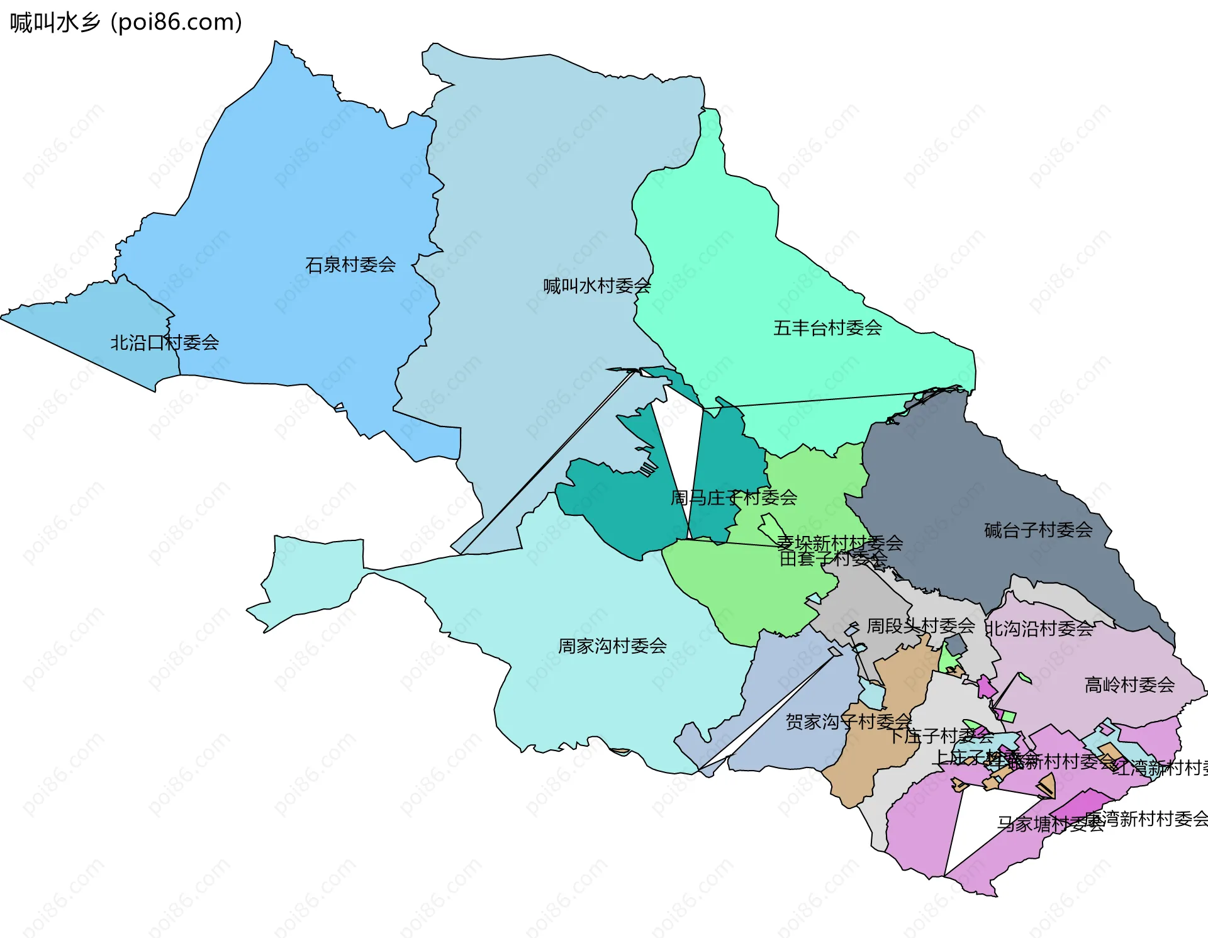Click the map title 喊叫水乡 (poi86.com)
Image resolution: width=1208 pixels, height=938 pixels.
[126, 23]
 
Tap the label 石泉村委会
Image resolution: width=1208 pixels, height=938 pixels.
[350, 265]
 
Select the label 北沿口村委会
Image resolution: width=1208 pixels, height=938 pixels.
[164, 343]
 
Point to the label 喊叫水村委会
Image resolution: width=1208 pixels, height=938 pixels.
[596, 286]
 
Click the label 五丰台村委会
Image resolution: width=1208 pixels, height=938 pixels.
[827, 328]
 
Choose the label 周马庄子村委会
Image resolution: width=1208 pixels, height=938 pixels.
[734, 498]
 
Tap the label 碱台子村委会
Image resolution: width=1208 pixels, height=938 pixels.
[1038, 530]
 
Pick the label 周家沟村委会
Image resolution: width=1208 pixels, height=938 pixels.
[612, 646]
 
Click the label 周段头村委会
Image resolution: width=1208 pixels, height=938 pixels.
[920, 626]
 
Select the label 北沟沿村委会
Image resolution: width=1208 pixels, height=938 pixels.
[1039, 628]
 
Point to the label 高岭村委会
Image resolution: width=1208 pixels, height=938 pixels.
[1129, 685]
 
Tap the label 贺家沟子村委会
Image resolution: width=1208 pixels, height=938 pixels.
[848, 722]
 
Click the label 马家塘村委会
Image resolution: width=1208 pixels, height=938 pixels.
[1051, 824]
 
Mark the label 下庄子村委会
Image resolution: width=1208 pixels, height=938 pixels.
[941, 735]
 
